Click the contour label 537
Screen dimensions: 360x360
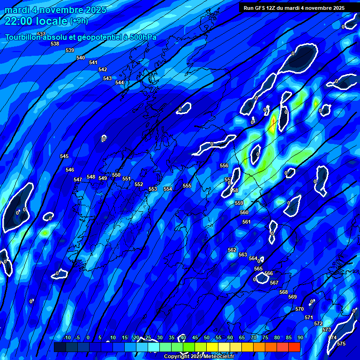pos(41,34)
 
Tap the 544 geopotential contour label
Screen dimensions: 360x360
pos(120,82)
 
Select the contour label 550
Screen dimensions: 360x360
pos(116,175)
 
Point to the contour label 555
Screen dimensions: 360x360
pos(187,186)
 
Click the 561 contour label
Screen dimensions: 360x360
pos(247,222)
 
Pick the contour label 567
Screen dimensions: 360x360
pos(274,283)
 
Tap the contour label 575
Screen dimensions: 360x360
pos(341,344)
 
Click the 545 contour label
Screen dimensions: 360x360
pos(64,156)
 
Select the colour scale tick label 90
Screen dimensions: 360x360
pos(300,338)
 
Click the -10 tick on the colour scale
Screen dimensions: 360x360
pos(67,338)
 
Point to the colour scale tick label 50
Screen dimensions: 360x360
pos(206,338)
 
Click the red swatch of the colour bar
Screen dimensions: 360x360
pos(294,347)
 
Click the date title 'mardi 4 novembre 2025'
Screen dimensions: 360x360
pos(56,10)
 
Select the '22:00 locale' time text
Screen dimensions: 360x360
pos(36,21)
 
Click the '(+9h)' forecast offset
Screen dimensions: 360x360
pos(79,21)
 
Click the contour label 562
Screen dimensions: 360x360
pos(232,250)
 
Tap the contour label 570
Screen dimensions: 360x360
pos(300,309)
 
